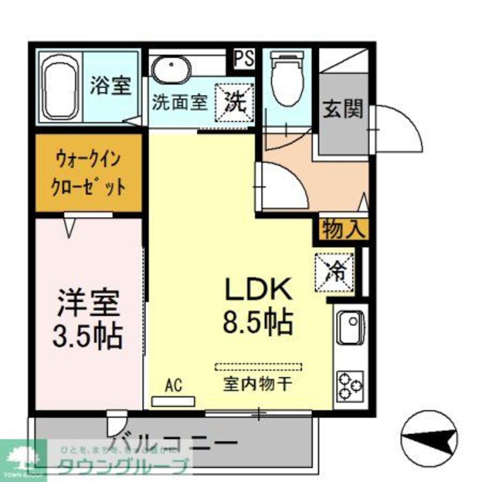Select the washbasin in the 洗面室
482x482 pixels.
click(171, 70)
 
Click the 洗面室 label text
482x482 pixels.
click(180, 103)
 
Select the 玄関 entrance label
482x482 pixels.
click(343, 110)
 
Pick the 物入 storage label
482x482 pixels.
click(343, 229)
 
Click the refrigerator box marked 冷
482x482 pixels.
click(335, 272)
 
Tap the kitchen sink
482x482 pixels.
click(350, 328)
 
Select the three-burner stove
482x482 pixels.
click(350, 386)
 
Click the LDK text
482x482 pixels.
click(258, 289)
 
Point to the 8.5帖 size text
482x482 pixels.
click(257, 322)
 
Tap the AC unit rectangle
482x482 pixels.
click(173, 401)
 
